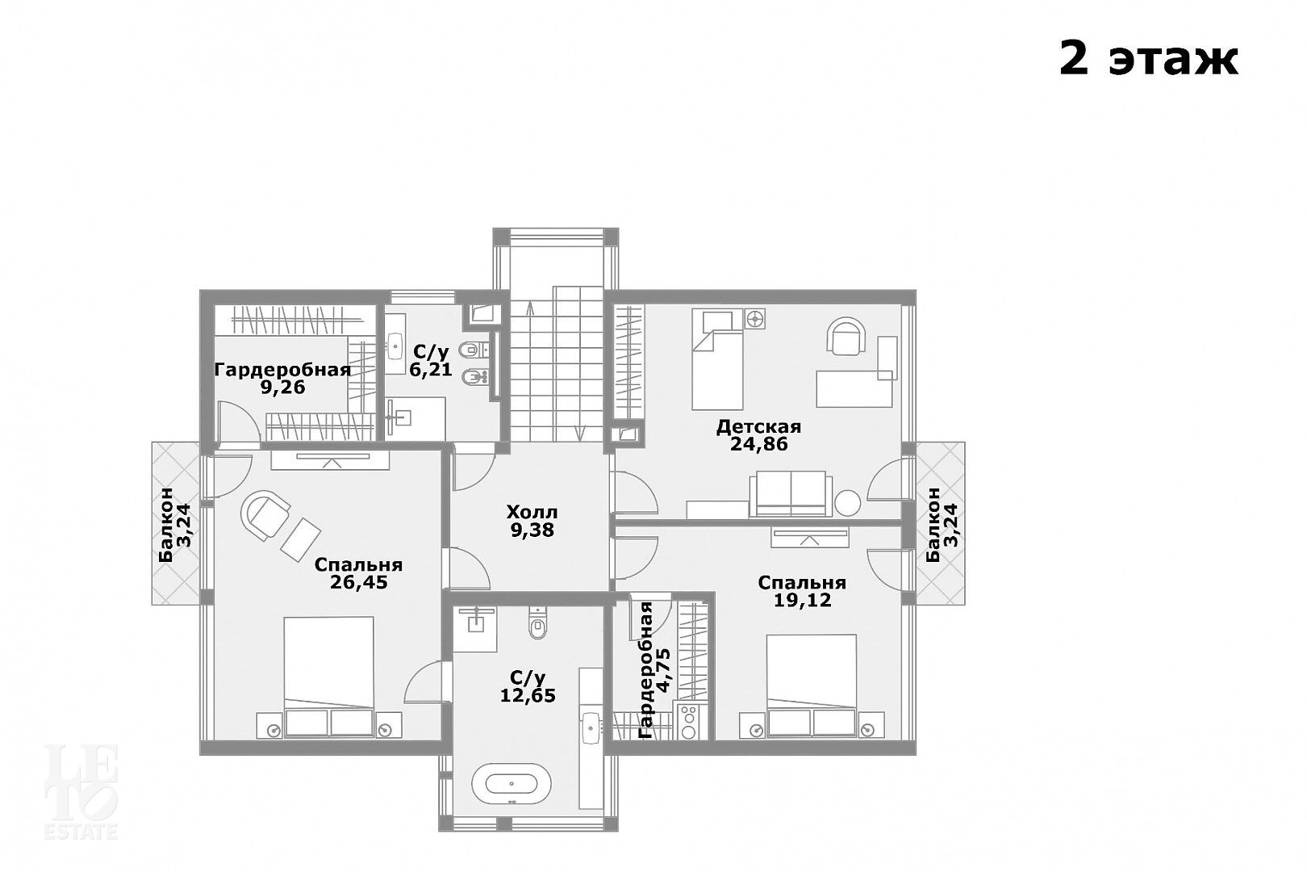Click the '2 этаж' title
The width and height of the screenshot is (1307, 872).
[1148, 60]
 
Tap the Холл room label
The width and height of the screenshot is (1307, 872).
[532, 512]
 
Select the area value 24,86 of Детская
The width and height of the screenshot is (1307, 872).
[758, 444]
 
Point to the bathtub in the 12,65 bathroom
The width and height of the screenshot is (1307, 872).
[512, 784]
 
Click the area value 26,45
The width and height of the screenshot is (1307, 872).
[359, 582]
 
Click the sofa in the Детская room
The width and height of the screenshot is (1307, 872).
[791, 494]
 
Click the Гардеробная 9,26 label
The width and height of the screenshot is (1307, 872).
[283, 379]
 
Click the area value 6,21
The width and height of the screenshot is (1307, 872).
[431, 370]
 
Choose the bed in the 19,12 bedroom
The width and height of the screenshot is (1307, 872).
[812, 686]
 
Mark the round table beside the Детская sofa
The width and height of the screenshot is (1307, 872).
[848, 503]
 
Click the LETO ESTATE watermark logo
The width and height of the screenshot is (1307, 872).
[81, 792]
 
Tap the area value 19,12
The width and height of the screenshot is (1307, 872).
[802, 600]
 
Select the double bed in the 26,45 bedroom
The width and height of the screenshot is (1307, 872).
[329, 677]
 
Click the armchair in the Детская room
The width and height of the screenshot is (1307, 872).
[846, 336]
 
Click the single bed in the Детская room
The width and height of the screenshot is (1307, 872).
[717, 359]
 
